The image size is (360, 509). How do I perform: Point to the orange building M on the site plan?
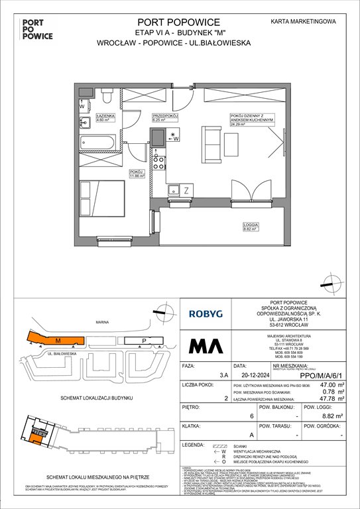(56, 340)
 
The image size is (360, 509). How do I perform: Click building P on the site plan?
(145, 341)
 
